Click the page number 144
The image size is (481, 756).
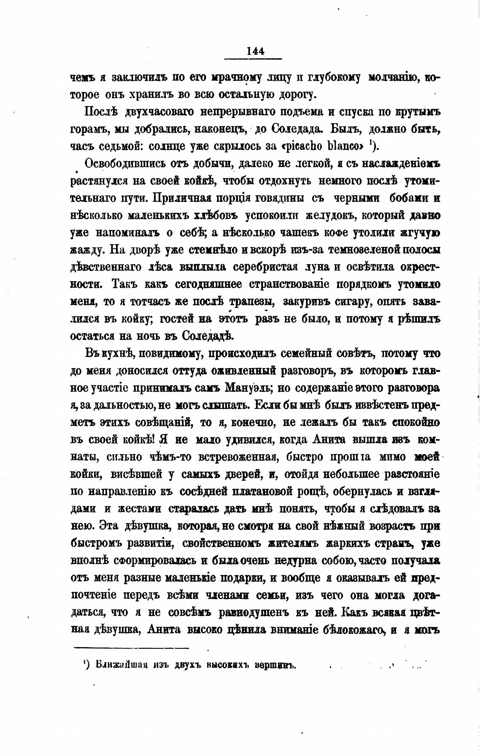[255, 51]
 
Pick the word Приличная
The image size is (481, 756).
[180, 198]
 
